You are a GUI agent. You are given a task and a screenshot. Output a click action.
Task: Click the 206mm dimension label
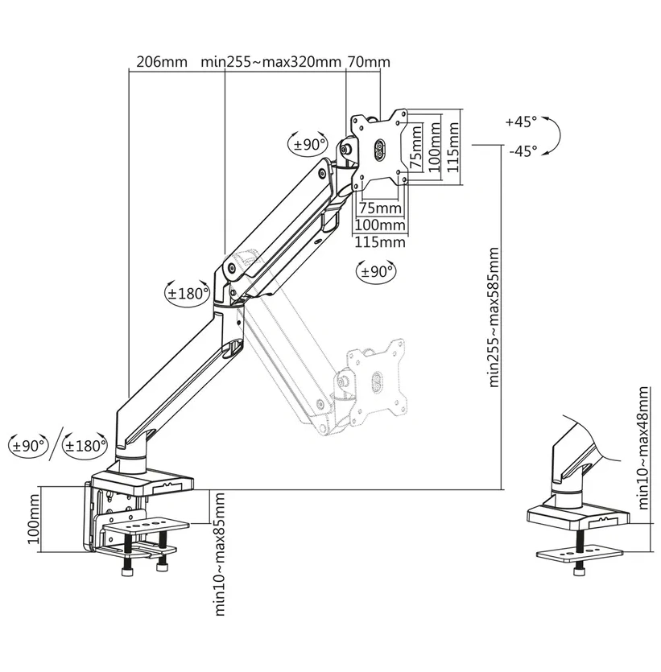162,62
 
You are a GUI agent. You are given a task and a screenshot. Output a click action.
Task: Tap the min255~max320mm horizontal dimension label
271,62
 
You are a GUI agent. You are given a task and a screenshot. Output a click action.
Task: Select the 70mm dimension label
369,62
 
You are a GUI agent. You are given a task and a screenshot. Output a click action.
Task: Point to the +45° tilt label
521,122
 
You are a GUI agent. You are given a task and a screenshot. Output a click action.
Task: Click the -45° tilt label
523,150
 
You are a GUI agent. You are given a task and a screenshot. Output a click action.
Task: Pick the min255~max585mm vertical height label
494,317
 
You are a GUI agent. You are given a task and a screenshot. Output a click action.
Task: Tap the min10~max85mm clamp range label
220,554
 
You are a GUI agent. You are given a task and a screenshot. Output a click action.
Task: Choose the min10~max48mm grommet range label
643,447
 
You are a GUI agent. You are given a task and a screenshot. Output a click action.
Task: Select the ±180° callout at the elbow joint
188,294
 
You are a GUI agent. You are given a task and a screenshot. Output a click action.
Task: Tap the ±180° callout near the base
85,446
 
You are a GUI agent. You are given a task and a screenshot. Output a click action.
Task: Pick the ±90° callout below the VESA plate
376,271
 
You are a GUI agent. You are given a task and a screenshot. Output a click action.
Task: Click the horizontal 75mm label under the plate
380,208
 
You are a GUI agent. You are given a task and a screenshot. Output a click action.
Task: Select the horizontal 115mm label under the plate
380,242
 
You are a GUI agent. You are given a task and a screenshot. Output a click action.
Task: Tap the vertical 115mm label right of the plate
453,147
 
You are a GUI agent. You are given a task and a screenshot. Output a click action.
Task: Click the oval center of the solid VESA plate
380,150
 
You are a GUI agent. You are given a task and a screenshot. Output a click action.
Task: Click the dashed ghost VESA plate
376,382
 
